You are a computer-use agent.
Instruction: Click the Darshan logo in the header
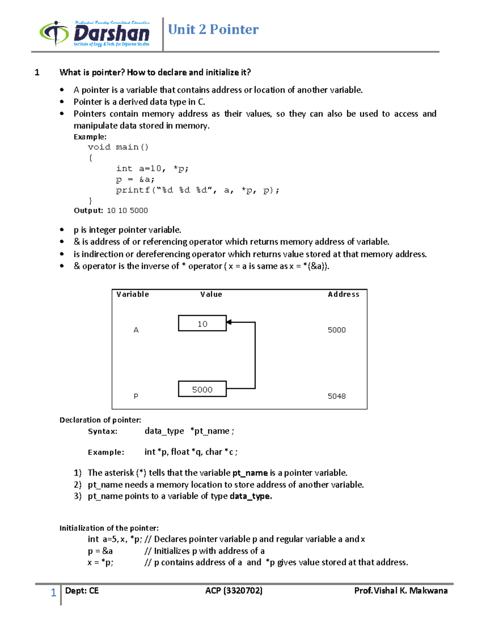[x=95, y=34]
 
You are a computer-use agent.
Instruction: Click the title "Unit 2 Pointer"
[x=213, y=29]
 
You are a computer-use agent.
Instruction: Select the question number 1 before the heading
[x=37, y=73]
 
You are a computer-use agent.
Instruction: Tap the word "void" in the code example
[x=99, y=147]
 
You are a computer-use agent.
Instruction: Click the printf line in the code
[x=197, y=191]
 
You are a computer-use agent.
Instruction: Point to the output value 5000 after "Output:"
[x=139, y=211]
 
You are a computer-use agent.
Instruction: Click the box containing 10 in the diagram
[x=202, y=323]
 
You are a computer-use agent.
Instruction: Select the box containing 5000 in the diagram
[x=202, y=389]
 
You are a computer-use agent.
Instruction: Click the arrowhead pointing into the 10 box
[x=229, y=322]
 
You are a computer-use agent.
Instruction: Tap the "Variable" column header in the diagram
[x=133, y=294]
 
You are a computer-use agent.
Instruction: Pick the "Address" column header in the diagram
[x=343, y=294]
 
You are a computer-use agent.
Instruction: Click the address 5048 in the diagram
[x=336, y=396]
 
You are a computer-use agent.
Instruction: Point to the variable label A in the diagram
[x=136, y=330]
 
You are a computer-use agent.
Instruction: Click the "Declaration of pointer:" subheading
[x=100, y=420]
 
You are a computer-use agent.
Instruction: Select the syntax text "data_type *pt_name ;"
[x=189, y=431]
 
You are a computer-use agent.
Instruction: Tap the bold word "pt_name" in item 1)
[x=250, y=473]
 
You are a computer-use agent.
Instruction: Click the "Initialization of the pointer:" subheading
[x=109, y=528]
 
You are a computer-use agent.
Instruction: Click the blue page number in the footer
[x=53, y=593]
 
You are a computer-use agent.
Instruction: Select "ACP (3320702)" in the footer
[x=234, y=591]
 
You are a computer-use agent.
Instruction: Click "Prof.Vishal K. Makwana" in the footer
[x=400, y=591]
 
